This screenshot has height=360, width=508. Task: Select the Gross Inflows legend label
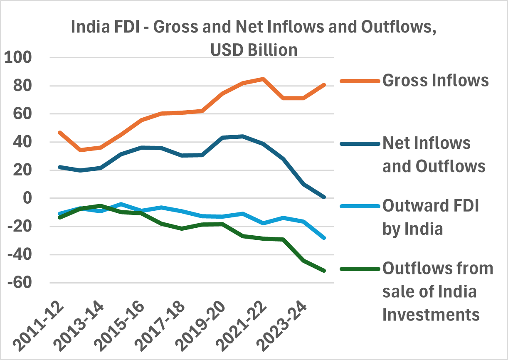click(435, 80)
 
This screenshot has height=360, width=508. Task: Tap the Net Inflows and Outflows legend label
click(434, 155)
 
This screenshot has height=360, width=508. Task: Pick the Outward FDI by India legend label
click(430, 217)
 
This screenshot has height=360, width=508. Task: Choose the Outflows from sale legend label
click(437, 291)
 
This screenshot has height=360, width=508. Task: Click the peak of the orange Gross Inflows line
click(263, 79)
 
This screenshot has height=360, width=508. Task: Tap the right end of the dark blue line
click(324, 197)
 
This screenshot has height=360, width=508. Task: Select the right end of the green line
click(324, 271)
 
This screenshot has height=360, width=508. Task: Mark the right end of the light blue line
click(324, 238)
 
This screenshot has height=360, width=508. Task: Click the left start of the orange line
click(60, 133)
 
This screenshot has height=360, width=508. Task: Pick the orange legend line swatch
click(360, 80)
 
